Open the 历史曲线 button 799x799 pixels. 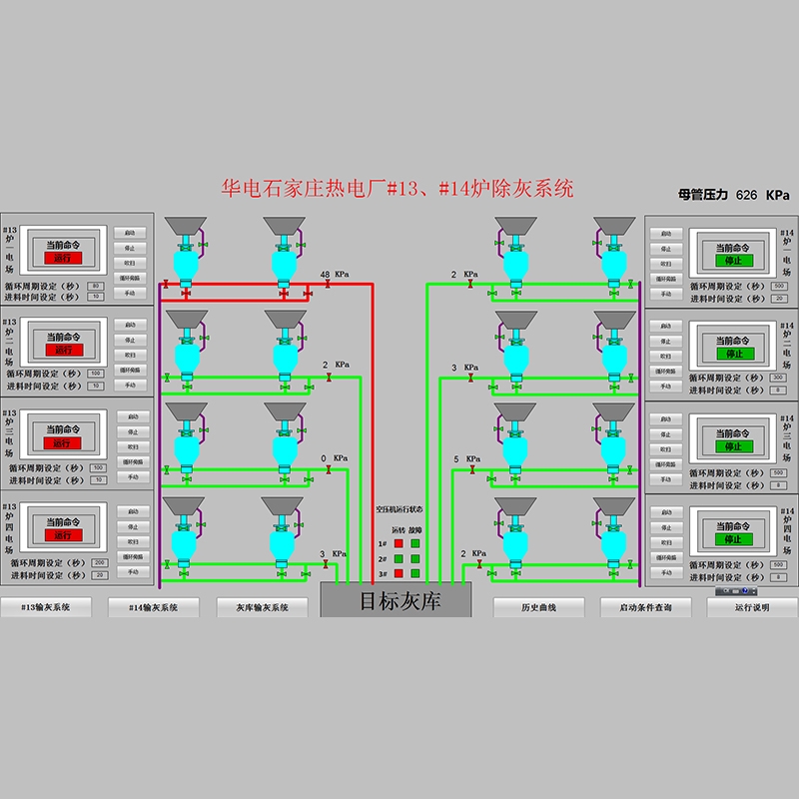(538, 607)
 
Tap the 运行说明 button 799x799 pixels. (751, 607)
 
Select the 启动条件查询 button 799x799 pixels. (645, 607)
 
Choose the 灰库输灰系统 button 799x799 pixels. (262, 607)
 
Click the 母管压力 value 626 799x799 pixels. (746, 196)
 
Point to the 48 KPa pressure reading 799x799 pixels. (325, 274)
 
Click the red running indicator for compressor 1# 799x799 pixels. (398, 543)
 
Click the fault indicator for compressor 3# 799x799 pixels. (414, 573)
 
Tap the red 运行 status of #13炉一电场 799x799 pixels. (63, 258)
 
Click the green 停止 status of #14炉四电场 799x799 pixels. (733, 539)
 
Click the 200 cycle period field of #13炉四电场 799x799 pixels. (98, 562)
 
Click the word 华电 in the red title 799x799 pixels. (239, 187)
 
